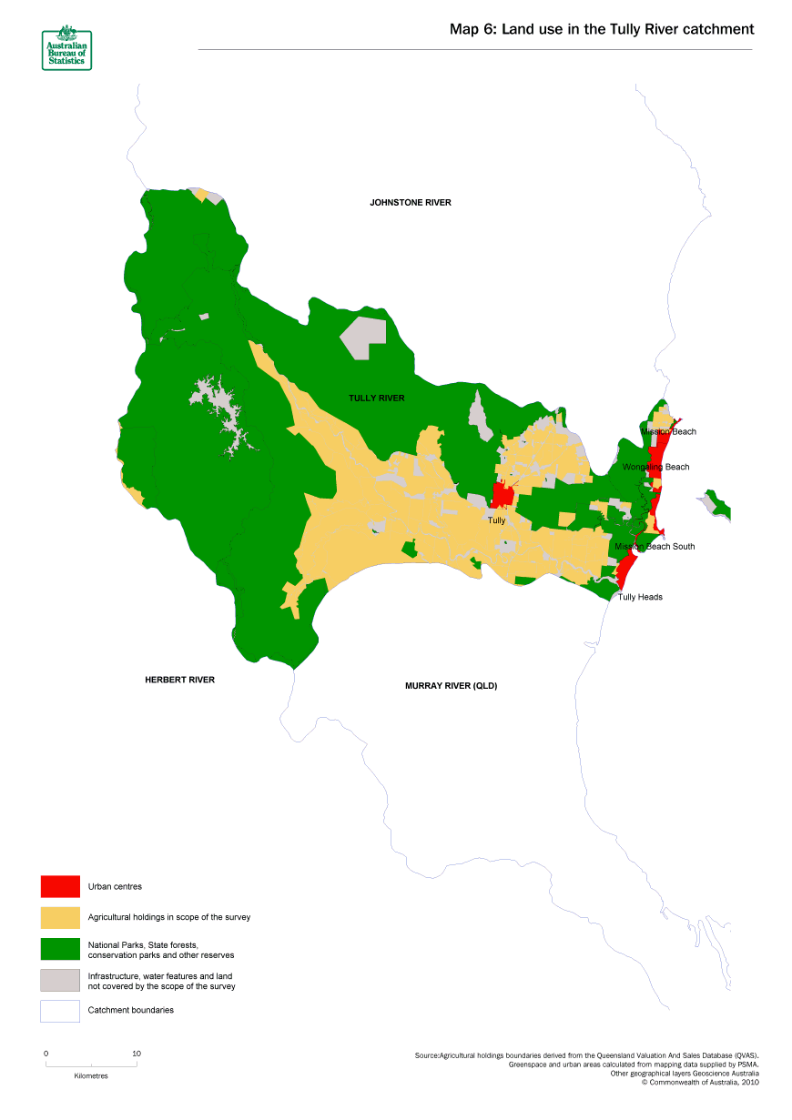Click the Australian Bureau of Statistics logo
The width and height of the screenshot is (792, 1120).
[66, 48]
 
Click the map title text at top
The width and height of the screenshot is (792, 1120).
[602, 29]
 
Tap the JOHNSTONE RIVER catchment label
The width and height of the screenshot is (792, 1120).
[410, 203]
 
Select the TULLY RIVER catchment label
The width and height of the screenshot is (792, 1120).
[376, 399]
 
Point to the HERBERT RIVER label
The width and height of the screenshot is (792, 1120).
[179, 680]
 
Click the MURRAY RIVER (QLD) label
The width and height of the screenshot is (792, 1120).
[451, 685]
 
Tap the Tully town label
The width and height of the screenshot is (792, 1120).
[496, 520]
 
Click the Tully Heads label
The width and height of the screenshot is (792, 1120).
[640, 597]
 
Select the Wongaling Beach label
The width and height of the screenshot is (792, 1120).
[655, 467]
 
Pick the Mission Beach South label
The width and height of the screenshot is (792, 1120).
[655, 546]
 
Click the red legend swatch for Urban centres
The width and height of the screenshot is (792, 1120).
[60, 886]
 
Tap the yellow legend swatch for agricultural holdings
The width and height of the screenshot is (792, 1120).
[60, 917]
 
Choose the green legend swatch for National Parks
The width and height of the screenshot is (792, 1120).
[60, 949]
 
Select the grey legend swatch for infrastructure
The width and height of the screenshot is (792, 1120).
[60, 980]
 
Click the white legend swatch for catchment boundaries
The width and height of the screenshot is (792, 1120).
[60, 1011]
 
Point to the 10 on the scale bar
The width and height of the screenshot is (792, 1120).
[137, 1054]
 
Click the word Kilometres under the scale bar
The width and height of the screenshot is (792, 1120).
[91, 1075]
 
